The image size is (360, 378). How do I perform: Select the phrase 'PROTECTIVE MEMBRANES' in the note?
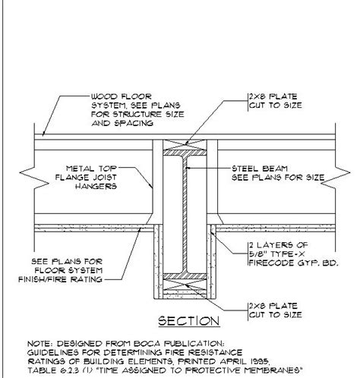point(242,370)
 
